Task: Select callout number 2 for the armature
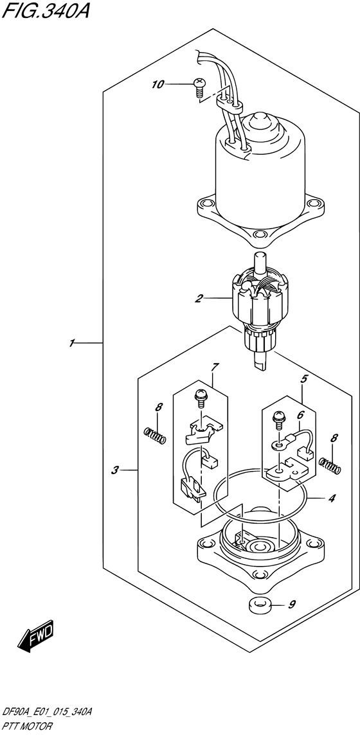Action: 199,298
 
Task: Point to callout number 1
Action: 73,343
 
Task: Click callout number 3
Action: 114,470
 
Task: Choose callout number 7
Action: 215,367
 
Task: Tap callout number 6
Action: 300,416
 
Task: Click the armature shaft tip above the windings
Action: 260,259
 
